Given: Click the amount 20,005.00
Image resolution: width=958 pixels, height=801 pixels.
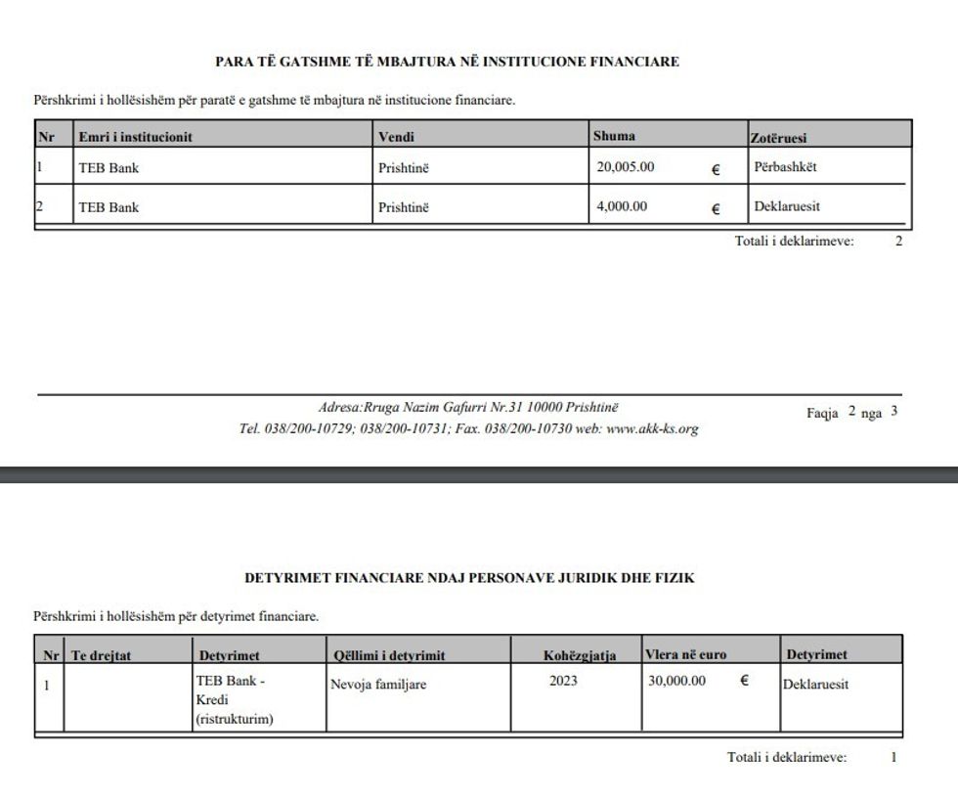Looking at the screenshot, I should pyautogui.click(x=626, y=167).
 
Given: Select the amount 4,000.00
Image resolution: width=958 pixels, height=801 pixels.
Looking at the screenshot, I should pyautogui.click(x=622, y=206).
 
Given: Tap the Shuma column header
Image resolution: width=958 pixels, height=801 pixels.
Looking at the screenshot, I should pyautogui.click(x=614, y=136).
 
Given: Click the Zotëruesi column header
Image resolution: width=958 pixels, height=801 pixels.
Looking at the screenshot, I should pyautogui.click(x=778, y=138).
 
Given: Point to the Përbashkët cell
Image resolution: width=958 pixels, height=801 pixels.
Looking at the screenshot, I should pyautogui.click(x=785, y=167).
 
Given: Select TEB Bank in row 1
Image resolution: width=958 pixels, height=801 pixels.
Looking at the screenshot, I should pyautogui.click(x=109, y=168).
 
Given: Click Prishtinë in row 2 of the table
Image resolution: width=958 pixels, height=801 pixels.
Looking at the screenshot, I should pyautogui.click(x=403, y=207).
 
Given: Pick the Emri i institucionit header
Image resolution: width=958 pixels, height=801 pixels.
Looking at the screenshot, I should pyautogui.click(x=135, y=138).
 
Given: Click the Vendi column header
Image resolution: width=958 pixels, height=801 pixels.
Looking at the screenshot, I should pyautogui.click(x=396, y=138).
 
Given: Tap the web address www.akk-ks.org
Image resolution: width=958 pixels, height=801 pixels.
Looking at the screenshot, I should pyautogui.click(x=652, y=428).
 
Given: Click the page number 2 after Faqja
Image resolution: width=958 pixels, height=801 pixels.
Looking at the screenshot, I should pyautogui.click(x=851, y=412).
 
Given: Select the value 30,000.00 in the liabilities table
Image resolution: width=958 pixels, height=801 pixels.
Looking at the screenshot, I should pyautogui.click(x=676, y=682).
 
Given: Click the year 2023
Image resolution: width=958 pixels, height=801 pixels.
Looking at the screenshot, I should pyautogui.click(x=563, y=682).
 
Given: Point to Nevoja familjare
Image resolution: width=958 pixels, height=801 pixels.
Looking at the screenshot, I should pyautogui.click(x=380, y=685).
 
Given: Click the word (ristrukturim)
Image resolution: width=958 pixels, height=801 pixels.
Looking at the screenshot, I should pyautogui.click(x=235, y=719).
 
